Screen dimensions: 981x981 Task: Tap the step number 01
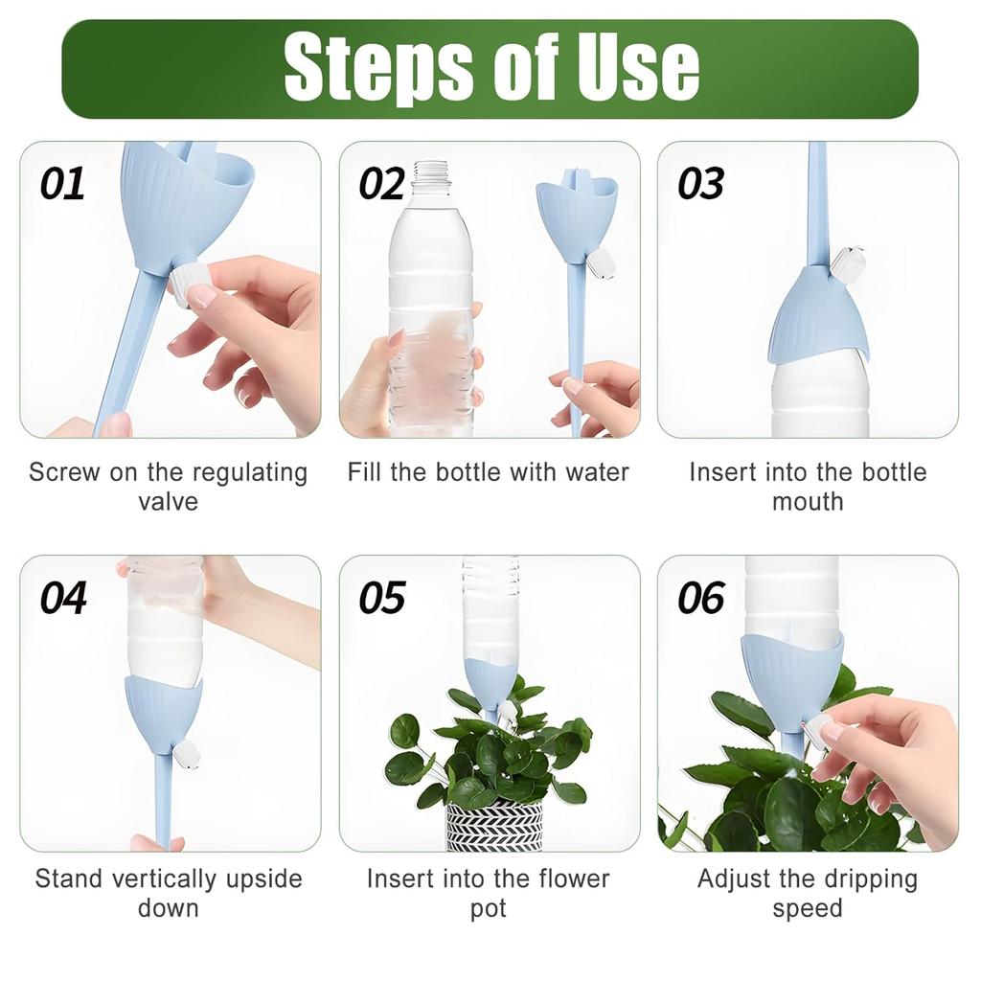[62, 184]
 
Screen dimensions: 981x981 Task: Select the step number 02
[381, 184]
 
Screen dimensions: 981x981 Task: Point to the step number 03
[700, 184]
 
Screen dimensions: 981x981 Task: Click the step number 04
[63, 598]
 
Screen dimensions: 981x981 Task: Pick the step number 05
[381, 598]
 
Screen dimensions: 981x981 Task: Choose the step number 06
[700, 598]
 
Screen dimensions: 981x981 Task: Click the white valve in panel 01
[187, 283]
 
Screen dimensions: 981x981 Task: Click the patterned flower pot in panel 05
[494, 826]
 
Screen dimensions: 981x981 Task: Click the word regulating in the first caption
[250, 473]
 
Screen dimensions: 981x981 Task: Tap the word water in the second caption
[597, 472]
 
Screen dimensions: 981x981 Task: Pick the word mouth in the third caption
[808, 502]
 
